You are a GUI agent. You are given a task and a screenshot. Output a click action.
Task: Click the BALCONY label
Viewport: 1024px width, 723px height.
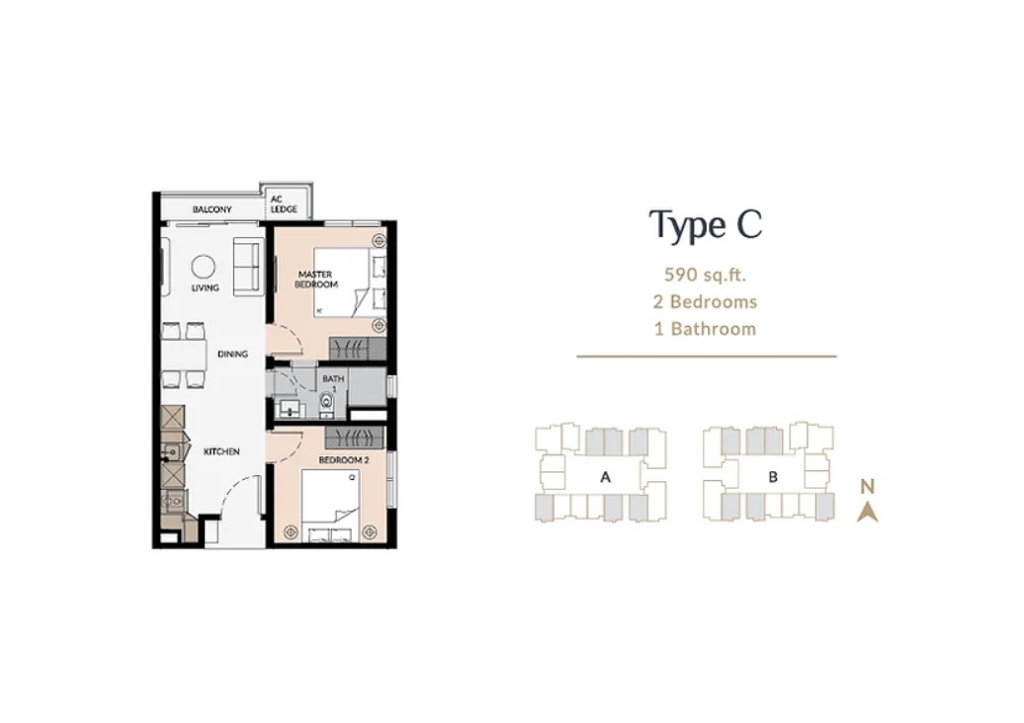(212, 209)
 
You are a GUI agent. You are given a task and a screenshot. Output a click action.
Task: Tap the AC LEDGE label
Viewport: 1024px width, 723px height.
(284, 204)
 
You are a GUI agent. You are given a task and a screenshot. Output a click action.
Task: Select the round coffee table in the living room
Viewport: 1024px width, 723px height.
(203, 267)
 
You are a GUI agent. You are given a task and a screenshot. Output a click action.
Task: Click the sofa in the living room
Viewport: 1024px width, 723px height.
(248, 267)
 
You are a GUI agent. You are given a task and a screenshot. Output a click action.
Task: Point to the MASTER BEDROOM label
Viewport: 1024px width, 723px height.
(316, 280)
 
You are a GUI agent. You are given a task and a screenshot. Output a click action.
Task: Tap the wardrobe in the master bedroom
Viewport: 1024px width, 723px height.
(357, 349)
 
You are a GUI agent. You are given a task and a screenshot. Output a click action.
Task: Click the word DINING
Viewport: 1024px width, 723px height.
(232, 354)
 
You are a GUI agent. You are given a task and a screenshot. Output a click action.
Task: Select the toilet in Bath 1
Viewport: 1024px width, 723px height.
(326, 405)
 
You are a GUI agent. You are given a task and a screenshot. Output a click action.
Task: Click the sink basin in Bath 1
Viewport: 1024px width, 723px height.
(288, 409)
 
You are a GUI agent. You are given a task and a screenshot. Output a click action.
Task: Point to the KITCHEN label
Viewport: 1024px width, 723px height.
(221, 451)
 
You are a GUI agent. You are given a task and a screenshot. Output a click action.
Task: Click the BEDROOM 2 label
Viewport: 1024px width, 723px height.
(344, 460)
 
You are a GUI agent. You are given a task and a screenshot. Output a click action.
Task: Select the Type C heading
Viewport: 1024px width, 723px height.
(706, 226)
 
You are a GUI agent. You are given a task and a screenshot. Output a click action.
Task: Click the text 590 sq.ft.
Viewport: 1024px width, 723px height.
(705, 275)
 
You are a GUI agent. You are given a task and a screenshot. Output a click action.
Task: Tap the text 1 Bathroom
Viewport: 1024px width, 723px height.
(706, 328)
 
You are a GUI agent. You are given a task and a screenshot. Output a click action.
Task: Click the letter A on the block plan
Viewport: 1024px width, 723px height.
(605, 477)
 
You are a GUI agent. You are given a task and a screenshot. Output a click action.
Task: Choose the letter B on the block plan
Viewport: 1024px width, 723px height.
(773, 477)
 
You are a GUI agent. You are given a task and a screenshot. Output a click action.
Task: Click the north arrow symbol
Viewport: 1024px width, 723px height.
(867, 513)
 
